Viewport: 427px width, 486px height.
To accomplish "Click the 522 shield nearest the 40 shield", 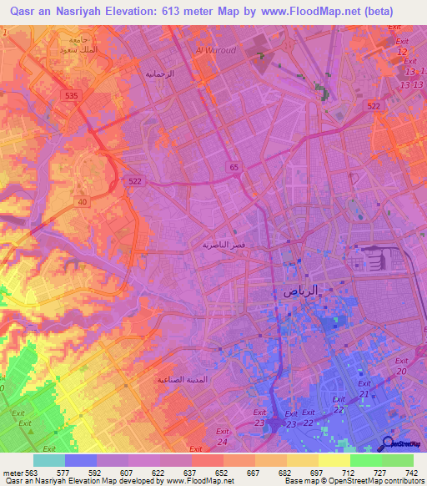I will (x=134, y=180).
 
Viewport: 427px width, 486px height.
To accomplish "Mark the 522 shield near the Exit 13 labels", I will (x=374, y=104).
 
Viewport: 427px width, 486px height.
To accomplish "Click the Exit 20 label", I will (x=402, y=366).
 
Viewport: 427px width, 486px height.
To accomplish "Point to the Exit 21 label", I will (x=364, y=388).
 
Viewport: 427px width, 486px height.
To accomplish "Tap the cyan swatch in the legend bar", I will (x=49, y=460).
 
